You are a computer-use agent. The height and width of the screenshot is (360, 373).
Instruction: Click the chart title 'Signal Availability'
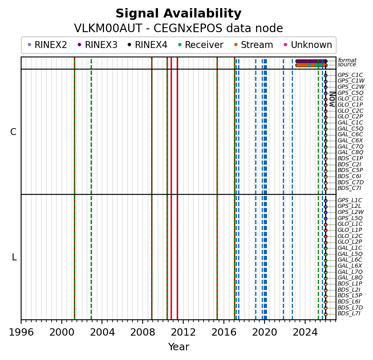click(x=178, y=14)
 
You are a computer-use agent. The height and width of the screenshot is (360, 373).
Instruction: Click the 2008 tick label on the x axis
click(x=143, y=332)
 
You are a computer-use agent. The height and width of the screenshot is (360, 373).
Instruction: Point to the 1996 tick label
click(x=21, y=332)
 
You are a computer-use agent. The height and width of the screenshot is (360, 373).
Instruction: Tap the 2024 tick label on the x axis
click(x=305, y=332)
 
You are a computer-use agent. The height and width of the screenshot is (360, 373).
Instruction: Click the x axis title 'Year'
click(x=178, y=347)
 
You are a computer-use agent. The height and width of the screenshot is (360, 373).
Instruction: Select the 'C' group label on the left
click(x=13, y=132)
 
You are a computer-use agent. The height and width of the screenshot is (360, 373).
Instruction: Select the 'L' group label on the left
click(x=14, y=257)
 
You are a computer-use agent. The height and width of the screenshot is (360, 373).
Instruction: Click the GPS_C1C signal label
click(x=350, y=75)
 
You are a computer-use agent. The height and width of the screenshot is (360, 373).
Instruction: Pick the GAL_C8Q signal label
click(x=350, y=153)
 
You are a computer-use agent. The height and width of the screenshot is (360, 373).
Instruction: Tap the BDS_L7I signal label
click(x=349, y=314)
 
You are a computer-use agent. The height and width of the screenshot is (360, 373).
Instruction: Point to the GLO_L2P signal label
click(x=350, y=242)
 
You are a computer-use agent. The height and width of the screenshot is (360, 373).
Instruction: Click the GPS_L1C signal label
click(x=350, y=201)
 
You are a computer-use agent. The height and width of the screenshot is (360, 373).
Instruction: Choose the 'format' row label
click(x=347, y=60)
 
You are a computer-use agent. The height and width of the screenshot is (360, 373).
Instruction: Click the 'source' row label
click(x=347, y=65)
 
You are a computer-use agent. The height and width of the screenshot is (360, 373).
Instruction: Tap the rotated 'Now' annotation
click(x=332, y=98)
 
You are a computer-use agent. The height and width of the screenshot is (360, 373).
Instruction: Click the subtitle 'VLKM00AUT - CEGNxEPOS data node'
click(x=178, y=28)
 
